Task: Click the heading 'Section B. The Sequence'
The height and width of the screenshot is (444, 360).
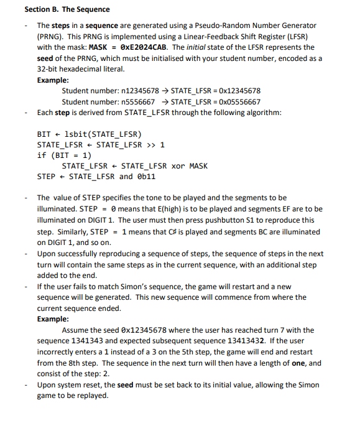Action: [x=67, y=9]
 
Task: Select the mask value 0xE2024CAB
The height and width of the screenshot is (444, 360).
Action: [x=143, y=47]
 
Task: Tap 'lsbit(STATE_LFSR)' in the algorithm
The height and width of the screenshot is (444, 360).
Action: [x=103, y=134]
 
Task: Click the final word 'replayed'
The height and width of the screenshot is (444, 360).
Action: [x=89, y=395]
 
